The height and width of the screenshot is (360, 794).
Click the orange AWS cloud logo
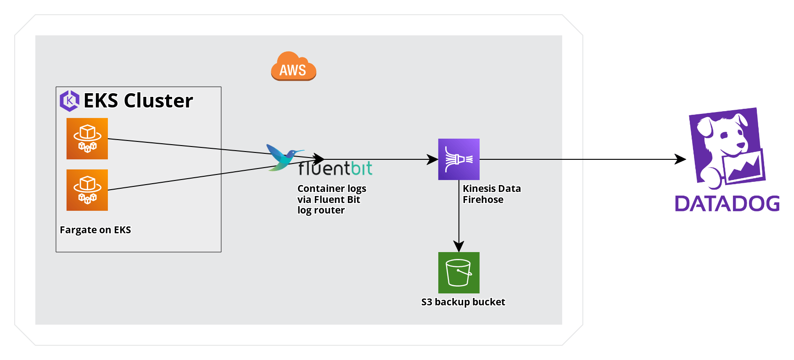293,67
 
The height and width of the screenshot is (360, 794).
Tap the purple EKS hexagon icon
69,101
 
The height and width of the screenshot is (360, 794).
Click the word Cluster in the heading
158,101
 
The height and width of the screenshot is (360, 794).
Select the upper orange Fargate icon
87,139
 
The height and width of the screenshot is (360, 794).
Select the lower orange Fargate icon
87,190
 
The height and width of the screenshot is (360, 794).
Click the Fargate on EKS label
95,230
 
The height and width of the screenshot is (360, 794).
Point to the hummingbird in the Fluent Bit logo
281,157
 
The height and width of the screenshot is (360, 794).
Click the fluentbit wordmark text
335,169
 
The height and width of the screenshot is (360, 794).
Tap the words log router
321,210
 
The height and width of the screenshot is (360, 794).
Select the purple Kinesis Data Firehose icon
459,159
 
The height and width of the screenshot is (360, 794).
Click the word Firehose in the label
483,200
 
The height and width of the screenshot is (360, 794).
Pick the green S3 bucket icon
459,273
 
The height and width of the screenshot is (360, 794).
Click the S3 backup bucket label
463,302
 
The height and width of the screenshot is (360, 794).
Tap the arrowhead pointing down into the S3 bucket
459,247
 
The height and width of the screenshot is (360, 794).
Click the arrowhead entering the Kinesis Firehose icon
433,159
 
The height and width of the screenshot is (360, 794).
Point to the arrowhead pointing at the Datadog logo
680,159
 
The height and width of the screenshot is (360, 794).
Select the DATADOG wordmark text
727,203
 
